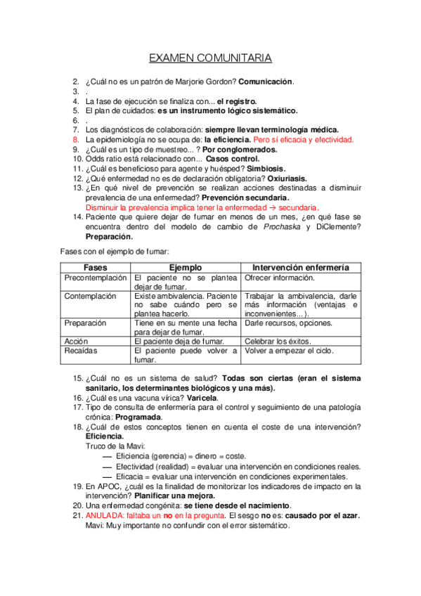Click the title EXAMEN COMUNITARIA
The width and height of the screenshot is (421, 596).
pos(210,58)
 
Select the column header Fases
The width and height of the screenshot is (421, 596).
pos(95,268)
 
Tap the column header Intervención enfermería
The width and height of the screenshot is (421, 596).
pos(301,268)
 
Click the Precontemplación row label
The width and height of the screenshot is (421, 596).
pos(96,278)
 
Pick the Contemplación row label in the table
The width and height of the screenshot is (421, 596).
pos(90,296)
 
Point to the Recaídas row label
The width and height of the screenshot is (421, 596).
pos(81,350)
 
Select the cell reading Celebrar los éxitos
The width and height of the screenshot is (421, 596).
pos(278,341)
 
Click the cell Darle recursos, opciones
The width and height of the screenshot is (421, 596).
pos(288,323)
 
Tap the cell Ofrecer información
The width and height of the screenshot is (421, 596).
pos(279,278)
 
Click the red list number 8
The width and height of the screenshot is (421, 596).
pos(76,140)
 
